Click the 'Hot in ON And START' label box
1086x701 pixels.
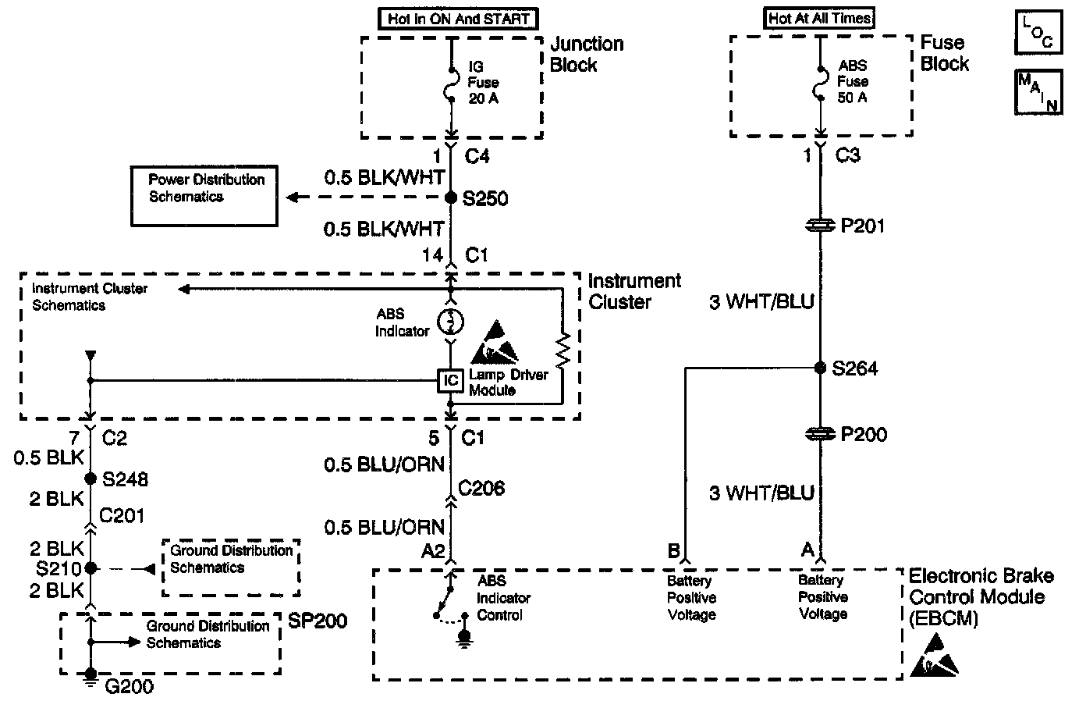459,18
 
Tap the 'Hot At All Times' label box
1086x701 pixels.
820,17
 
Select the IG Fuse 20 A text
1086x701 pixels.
483,83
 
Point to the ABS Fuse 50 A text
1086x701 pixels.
853,81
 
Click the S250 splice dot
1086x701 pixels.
450,198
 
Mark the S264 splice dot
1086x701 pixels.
820,368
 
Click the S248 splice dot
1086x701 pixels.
90,478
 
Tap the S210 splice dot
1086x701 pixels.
90,568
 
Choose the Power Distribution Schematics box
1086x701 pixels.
204,196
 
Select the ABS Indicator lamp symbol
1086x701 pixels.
450,321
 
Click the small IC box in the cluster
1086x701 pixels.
450,381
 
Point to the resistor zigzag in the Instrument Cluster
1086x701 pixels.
563,351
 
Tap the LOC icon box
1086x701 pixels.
1038,31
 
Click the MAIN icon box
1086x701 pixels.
1038,92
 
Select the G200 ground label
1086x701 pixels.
129,687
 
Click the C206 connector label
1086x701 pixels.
481,489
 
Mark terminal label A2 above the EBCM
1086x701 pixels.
432,552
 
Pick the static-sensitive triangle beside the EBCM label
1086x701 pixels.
934,656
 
